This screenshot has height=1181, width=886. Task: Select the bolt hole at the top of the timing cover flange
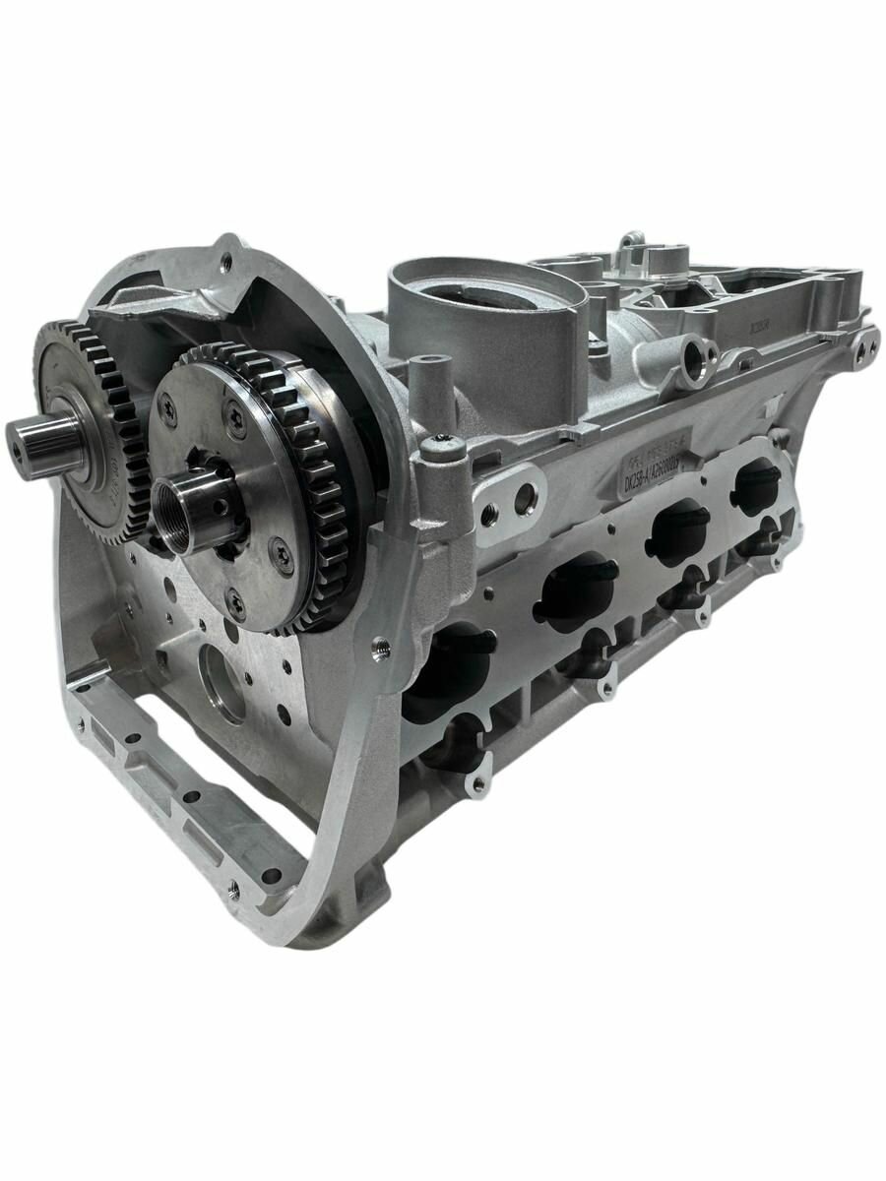(x=228, y=258)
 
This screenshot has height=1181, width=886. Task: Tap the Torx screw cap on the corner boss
(x=444, y=445)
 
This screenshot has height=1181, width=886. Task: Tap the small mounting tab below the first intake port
(x=477, y=783)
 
